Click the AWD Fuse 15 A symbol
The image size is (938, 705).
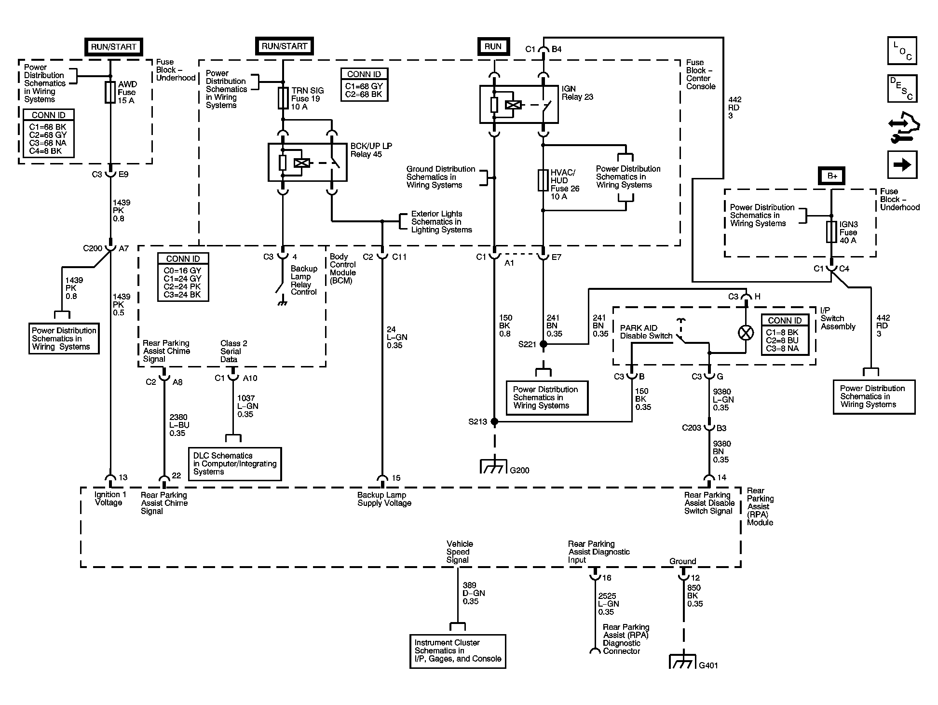coord(110,92)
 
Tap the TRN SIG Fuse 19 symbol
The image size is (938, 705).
coord(283,98)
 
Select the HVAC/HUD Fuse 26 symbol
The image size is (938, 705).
coord(543,180)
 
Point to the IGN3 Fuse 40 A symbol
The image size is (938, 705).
coord(831,232)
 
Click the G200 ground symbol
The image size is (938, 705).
coord(494,466)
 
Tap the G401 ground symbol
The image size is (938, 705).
coord(683,661)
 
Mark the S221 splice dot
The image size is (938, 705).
coord(544,344)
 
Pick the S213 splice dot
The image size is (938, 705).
coord(494,421)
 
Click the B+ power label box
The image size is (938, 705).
coord(832,176)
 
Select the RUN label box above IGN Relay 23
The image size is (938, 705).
coord(493,46)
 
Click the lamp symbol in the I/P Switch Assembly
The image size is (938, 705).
coord(746,333)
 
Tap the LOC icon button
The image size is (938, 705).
coord(902,51)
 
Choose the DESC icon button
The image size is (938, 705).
coord(902,89)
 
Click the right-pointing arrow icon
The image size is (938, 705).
coord(902,165)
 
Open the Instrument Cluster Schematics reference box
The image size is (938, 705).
coord(458,651)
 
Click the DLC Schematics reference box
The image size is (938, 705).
coord(235,464)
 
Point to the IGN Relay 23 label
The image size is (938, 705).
coord(577,93)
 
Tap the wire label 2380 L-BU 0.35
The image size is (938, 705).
coord(179,425)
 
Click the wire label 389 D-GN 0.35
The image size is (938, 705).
coord(474,593)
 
